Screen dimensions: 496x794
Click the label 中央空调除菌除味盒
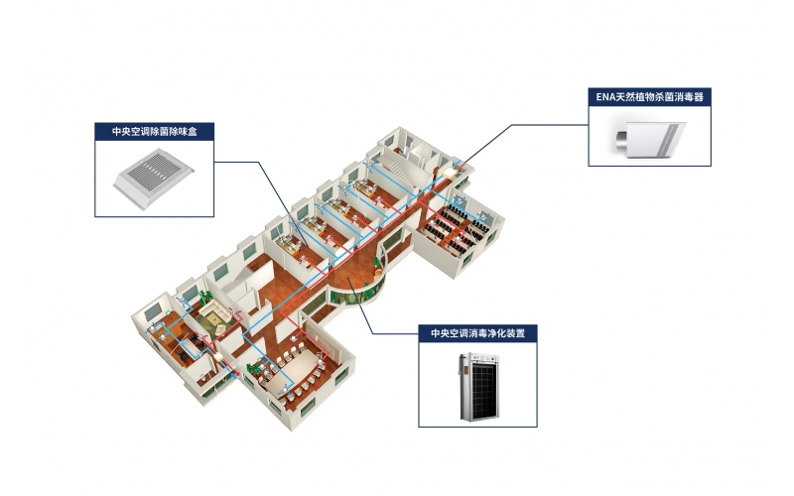click(x=155, y=131)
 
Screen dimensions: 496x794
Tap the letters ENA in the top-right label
click(x=606, y=96)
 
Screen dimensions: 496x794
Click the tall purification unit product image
click(x=477, y=387)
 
